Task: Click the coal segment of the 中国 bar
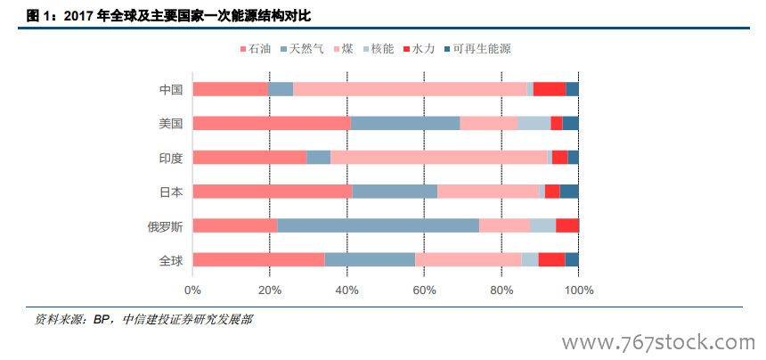coord(410,88)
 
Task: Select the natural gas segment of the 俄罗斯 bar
coord(378,225)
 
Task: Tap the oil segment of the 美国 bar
coord(272,123)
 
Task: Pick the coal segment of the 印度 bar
coord(439,157)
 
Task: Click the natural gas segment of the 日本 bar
coord(395,191)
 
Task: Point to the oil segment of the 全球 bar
coord(258,259)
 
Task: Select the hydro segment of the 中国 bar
coord(550,88)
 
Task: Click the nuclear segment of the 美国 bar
coord(534,123)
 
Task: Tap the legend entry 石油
coord(258,48)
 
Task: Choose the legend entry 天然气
coord(303,48)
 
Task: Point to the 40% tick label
coord(347,290)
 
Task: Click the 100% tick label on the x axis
coord(579,290)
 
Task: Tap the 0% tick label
coord(192,290)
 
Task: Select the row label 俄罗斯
coord(165,225)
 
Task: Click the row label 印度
coord(170,157)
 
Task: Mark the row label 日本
coord(170,191)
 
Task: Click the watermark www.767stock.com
coord(656,341)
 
